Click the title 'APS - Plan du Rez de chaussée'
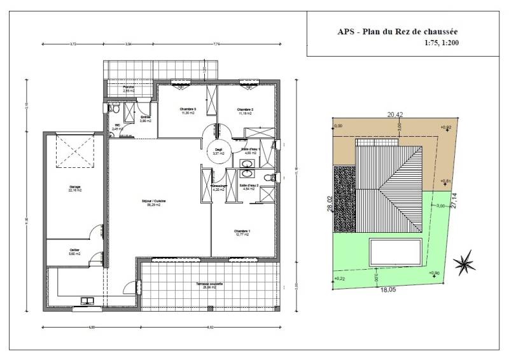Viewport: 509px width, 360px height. (x=398, y=31)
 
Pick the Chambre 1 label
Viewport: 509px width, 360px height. (x=241, y=232)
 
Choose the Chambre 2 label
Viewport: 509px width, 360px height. (x=246, y=110)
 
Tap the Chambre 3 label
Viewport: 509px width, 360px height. (x=188, y=110)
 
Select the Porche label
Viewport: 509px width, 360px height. (x=129, y=89)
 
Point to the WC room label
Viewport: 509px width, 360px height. (x=116, y=127)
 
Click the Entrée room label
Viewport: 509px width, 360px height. (x=144, y=118)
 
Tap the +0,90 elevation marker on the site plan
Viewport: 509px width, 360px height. (x=435, y=273)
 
